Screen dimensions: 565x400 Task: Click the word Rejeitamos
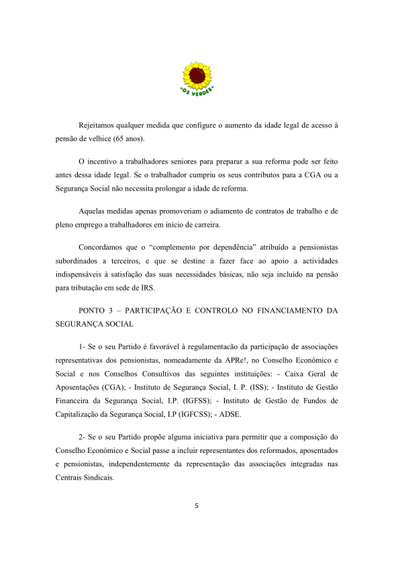point(97,125)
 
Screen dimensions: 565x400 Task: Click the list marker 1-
point(83,346)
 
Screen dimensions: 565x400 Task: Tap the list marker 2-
point(83,433)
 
